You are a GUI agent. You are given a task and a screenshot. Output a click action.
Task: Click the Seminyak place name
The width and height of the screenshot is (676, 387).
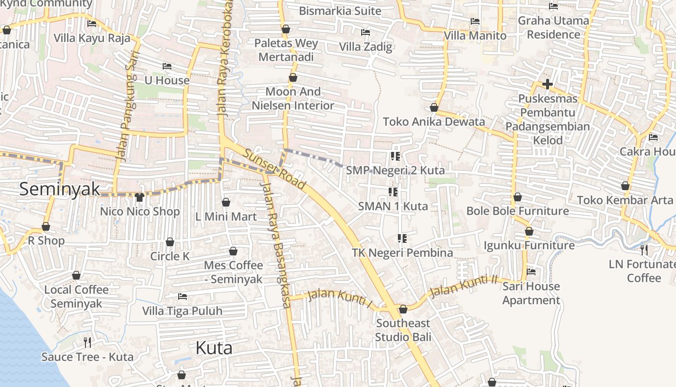click(x=59, y=189)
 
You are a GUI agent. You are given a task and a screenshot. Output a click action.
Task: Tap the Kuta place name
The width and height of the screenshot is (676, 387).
click(x=214, y=348)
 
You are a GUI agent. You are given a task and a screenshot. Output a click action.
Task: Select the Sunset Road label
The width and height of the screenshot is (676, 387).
click(x=274, y=169)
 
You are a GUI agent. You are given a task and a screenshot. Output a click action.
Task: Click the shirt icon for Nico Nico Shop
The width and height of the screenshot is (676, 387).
click(x=140, y=197)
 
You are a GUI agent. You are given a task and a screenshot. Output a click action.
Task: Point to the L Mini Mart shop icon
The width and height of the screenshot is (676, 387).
click(x=225, y=202)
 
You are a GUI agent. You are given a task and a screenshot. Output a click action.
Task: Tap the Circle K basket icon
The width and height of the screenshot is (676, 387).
click(x=170, y=242)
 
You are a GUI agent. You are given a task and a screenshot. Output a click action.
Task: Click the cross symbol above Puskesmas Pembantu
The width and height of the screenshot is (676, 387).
click(x=547, y=84)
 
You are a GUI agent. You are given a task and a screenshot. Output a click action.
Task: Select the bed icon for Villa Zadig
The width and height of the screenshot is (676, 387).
click(x=366, y=32)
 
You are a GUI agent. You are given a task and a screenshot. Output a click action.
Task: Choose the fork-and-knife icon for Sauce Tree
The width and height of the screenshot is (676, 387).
click(x=87, y=342)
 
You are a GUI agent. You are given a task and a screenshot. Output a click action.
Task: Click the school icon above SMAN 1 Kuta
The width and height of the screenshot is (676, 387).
click(x=393, y=192)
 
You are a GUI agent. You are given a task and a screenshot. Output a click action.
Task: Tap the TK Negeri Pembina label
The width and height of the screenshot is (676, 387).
click(x=402, y=253)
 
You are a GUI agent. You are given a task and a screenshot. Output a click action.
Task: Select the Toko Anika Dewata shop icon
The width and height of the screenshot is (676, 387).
click(x=434, y=107)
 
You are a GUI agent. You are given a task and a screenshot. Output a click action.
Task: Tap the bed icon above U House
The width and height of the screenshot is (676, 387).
click(x=167, y=66)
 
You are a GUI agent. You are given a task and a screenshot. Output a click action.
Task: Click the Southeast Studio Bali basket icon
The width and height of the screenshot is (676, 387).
click(x=403, y=309)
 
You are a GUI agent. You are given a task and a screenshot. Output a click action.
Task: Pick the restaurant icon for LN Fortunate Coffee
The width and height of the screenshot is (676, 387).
click(x=644, y=250)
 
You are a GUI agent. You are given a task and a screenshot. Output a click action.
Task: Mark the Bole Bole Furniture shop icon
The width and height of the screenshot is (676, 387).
click(x=517, y=197)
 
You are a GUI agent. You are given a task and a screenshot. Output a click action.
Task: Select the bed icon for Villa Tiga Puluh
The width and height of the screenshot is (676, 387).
click(x=183, y=296)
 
